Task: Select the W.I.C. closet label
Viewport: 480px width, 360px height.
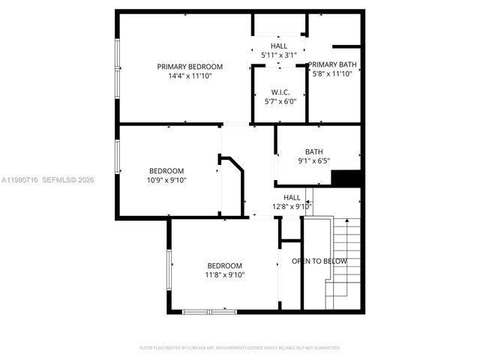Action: (280, 92)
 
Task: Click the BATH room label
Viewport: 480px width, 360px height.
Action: (313, 151)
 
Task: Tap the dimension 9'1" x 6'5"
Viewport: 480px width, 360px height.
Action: (313, 160)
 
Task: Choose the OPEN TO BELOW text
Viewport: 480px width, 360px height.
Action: (319, 261)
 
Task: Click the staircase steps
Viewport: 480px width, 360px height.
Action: (345, 262)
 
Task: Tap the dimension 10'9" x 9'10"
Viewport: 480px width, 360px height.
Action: (167, 180)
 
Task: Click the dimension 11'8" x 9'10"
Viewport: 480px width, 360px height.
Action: (225, 274)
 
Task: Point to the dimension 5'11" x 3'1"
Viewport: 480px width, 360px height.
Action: (279, 55)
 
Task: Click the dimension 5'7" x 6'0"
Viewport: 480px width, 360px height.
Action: (280, 102)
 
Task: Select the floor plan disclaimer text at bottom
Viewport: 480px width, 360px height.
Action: (240, 348)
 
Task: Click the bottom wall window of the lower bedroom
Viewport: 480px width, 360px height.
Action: (210, 310)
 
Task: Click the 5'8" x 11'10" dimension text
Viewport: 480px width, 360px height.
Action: (331, 73)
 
